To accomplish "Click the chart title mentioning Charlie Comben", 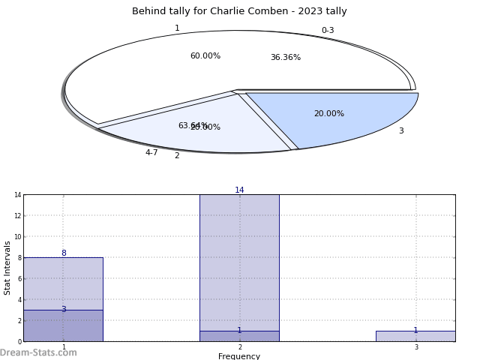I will point(239,11).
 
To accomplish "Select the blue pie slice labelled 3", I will point(352,120).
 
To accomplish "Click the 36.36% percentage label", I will point(285,58).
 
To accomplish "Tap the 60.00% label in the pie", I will point(205,56).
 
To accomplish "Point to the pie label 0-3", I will point(328,31).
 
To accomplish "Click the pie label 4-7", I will point(151,153).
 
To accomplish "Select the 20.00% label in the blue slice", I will point(328,114).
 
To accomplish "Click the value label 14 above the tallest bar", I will point(239,190).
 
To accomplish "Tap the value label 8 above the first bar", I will point(63,253).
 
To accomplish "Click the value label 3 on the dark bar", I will point(63,310).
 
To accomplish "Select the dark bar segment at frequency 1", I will point(63,327).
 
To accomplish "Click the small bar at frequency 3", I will point(415,337).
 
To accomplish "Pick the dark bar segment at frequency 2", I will point(239,337).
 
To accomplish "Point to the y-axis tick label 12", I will point(17,216).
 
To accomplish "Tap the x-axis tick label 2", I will point(240,348).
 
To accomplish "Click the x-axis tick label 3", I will point(416,348).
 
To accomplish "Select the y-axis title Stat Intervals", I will point(8,268).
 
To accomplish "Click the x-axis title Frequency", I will point(239,356).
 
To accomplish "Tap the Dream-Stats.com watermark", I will point(38,352).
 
